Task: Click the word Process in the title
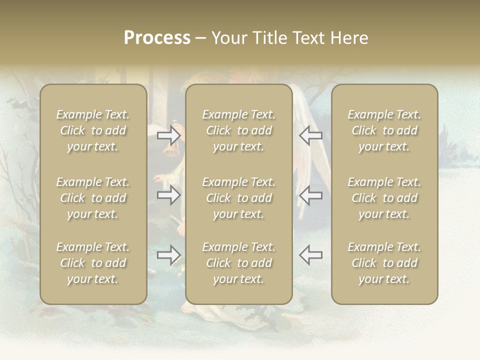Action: point(157,38)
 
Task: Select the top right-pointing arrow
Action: point(168,135)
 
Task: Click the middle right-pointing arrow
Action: point(168,195)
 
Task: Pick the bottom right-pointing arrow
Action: point(168,255)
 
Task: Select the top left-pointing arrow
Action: point(310,135)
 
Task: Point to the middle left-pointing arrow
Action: point(310,195)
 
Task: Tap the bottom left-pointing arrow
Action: point(310,255)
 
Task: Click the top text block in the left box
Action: point(93,130)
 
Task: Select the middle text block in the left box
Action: point(93,198)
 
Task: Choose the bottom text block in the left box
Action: point(93,263)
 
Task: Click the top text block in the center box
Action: point(239,130)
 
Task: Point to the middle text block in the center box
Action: point(239,198)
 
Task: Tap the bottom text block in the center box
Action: point(239,263)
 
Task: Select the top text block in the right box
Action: point(384,130)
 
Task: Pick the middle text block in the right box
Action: point(384,198)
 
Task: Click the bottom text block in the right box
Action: point(384,263)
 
